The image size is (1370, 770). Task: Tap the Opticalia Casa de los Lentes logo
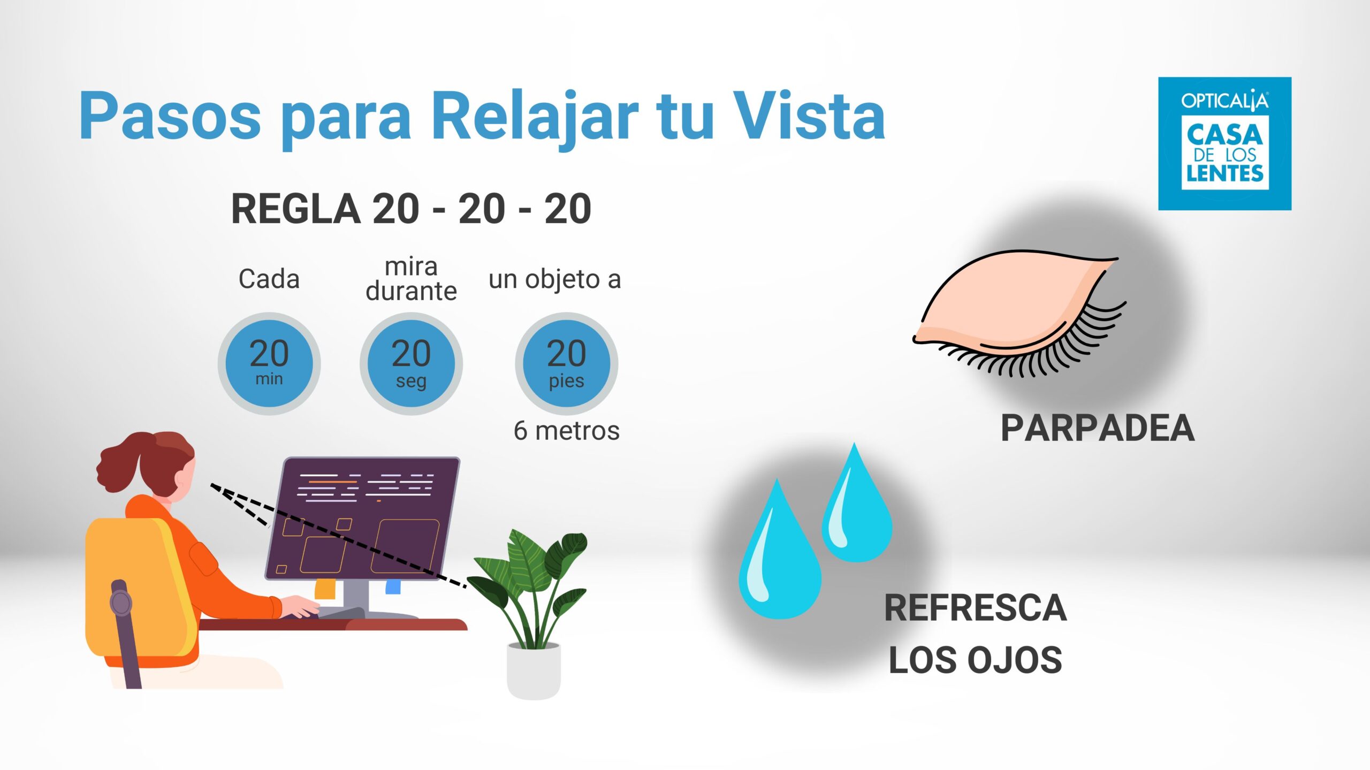coord(1224,143)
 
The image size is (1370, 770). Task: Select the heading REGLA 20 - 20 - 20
coord(411,209)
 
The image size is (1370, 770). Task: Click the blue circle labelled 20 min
coord(269,364)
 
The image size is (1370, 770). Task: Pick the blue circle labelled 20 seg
coord(411,364)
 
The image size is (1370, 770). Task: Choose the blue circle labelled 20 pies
coord(567,364)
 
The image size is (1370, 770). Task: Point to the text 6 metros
coord(567,431)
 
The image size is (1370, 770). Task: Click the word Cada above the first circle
coord(269,279)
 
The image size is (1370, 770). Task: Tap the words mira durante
coord(411,279)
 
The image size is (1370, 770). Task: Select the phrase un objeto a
coord(555,279)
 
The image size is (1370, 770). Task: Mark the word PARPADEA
coord(1098,429)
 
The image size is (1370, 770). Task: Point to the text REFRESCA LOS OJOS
coord(976,634)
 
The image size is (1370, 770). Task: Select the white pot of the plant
coord(534,671)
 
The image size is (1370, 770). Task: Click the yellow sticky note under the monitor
coord(325,589)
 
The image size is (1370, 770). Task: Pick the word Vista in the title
coord(809,117)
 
